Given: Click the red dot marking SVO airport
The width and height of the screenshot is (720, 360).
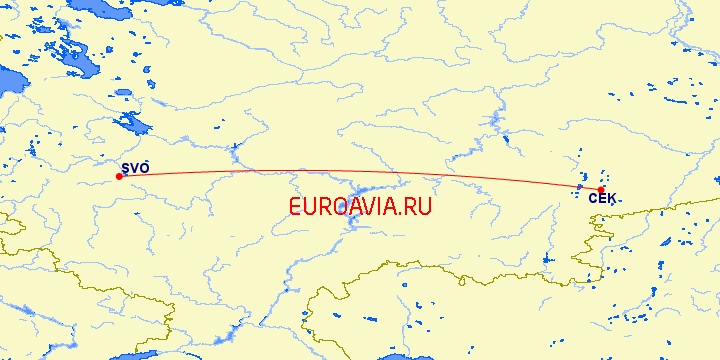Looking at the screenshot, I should coord(119,177).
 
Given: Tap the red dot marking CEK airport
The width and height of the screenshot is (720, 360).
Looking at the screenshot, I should coord(601,190).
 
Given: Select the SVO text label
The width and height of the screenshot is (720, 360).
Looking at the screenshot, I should coord(135,168).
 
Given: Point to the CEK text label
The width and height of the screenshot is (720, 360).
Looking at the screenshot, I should coord(602,200).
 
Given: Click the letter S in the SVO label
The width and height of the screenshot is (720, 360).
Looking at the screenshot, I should coord(125,168).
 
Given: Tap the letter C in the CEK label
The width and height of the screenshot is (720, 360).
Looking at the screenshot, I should coord(593,200).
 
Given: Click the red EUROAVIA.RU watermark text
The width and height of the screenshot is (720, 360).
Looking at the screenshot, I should coord(359,207).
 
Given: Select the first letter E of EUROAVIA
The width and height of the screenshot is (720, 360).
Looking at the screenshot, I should coord(294,207).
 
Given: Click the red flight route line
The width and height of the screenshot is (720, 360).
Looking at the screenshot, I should coord(360,171).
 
